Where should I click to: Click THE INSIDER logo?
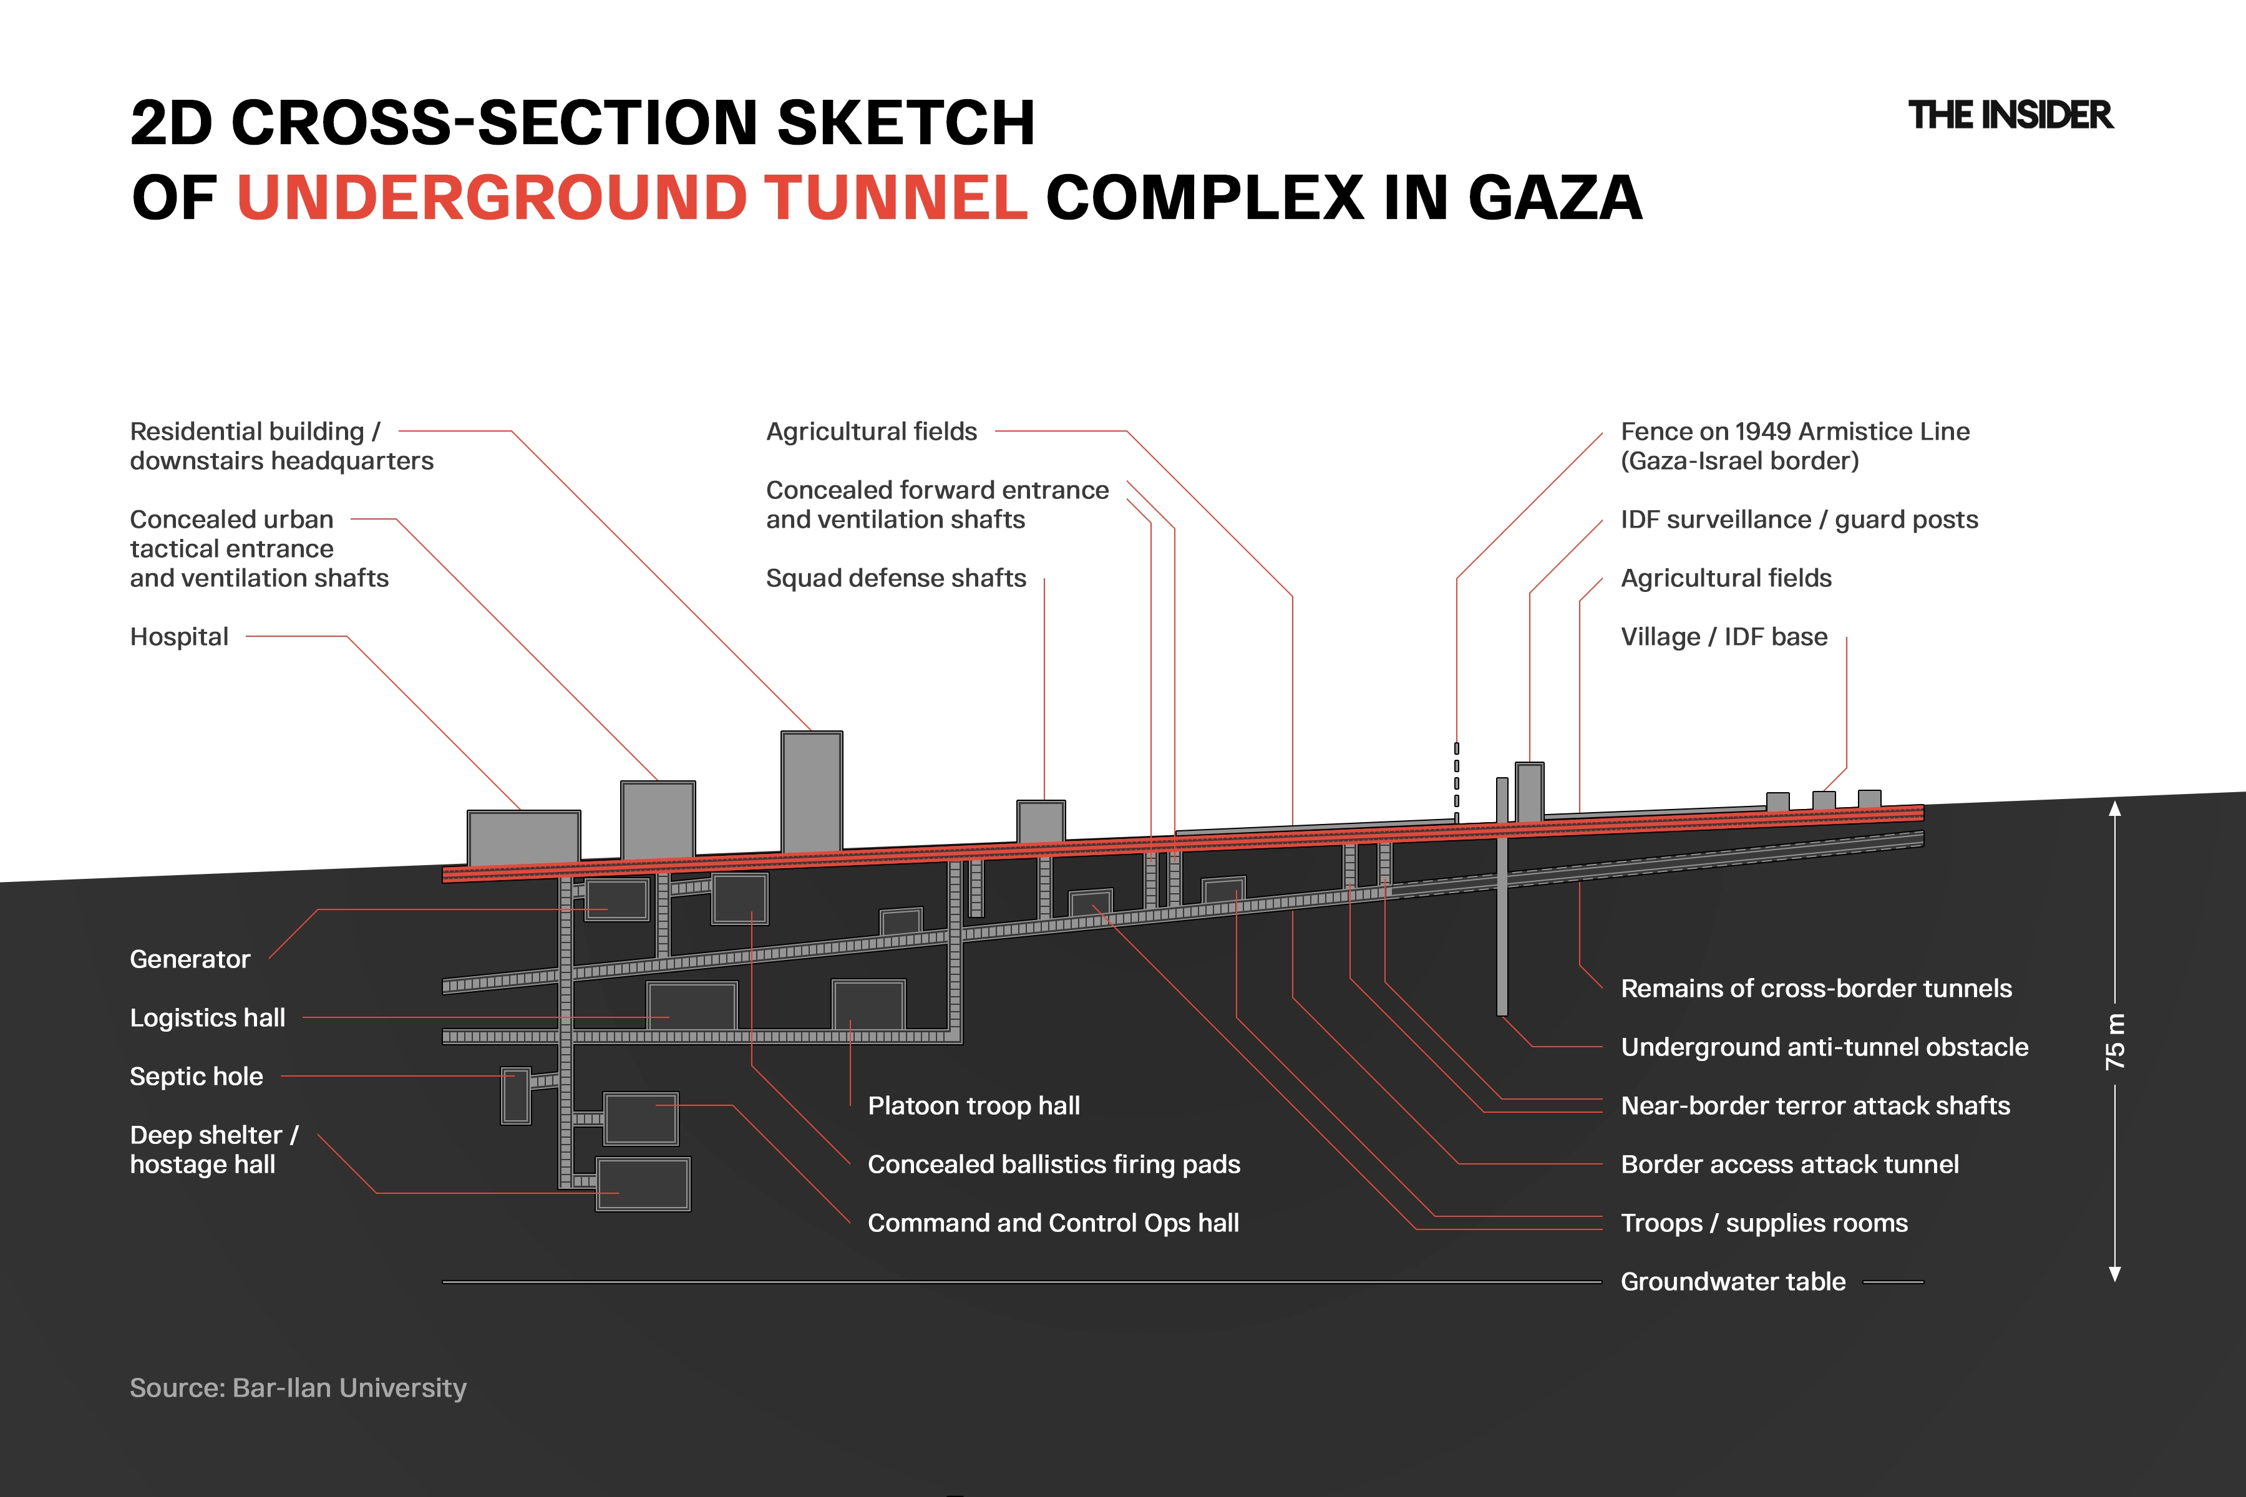pos(2010,115)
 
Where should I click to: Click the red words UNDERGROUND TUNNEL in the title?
pos(632,198)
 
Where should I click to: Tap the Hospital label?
pos(180,637)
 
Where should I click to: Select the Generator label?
pos(190,959)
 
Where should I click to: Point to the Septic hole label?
pos(197,1076)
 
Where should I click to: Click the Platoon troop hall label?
pos(974,1105)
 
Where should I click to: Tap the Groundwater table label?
pos(1733,1281)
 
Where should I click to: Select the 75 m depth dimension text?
pos(2115,1040)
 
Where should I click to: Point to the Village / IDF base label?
pos(1724,637)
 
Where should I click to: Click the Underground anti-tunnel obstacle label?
pos(1824,1047)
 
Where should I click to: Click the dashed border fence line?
pos(1456,781)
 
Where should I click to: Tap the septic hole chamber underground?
pos(516,1096)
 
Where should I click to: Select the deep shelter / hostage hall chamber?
pos(643,1184)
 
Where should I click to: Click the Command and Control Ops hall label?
pos(1053,1223)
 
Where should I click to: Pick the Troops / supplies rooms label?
pos(1764,1223)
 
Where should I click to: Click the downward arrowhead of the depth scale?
pos(2115,1274)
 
